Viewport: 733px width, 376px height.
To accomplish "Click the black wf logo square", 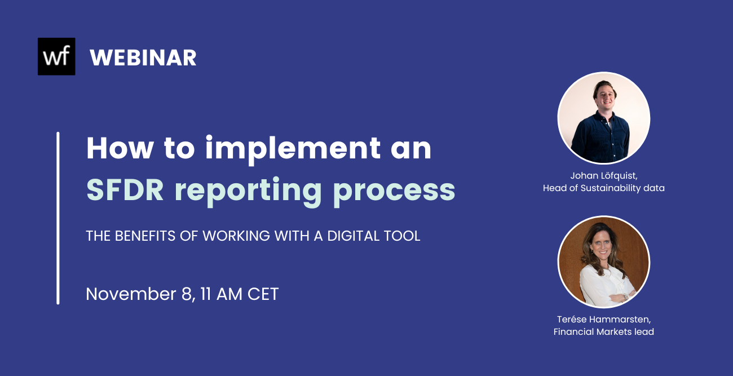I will pyautogui.click(x=56, y=56).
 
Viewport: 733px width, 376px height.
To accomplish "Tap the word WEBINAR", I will pyautogui.click(x=143, y=57).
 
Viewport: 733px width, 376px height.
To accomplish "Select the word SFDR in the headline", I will pyautogui.click(x=125, y=190).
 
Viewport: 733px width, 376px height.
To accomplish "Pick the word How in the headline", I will pyautogui.click(x=120, y=148).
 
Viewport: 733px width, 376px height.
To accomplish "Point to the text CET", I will pyautogui.click(x=263, y=294).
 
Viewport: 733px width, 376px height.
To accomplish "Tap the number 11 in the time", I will pyautogui.click(x=207, y=294).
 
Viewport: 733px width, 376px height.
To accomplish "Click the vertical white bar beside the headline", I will pyautogui.click(x=58, y=218).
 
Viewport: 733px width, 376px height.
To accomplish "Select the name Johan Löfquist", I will pyautogui.click(x=603, y=176).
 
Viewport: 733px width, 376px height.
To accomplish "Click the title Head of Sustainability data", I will pyautogui.click(x=603, y=188).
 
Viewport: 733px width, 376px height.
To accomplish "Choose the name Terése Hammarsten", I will pyautogui.click(x=603, y=320).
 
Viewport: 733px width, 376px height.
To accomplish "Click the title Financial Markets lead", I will pyautogui.click(x=603, y=332).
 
